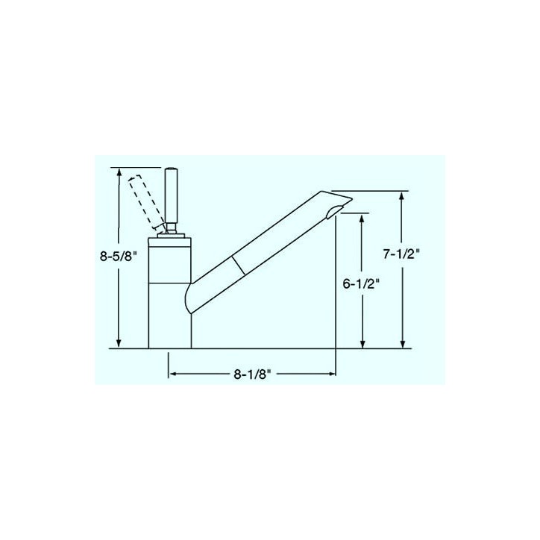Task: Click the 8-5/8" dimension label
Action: click(119, 257)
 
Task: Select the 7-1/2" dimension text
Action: click(401, 254)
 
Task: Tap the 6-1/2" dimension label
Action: click(361, 283)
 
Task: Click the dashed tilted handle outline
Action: click(145, 203)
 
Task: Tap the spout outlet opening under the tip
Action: click(334, 211)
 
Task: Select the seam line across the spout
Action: click(239, 266)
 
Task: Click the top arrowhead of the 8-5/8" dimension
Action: click(119, 172)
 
